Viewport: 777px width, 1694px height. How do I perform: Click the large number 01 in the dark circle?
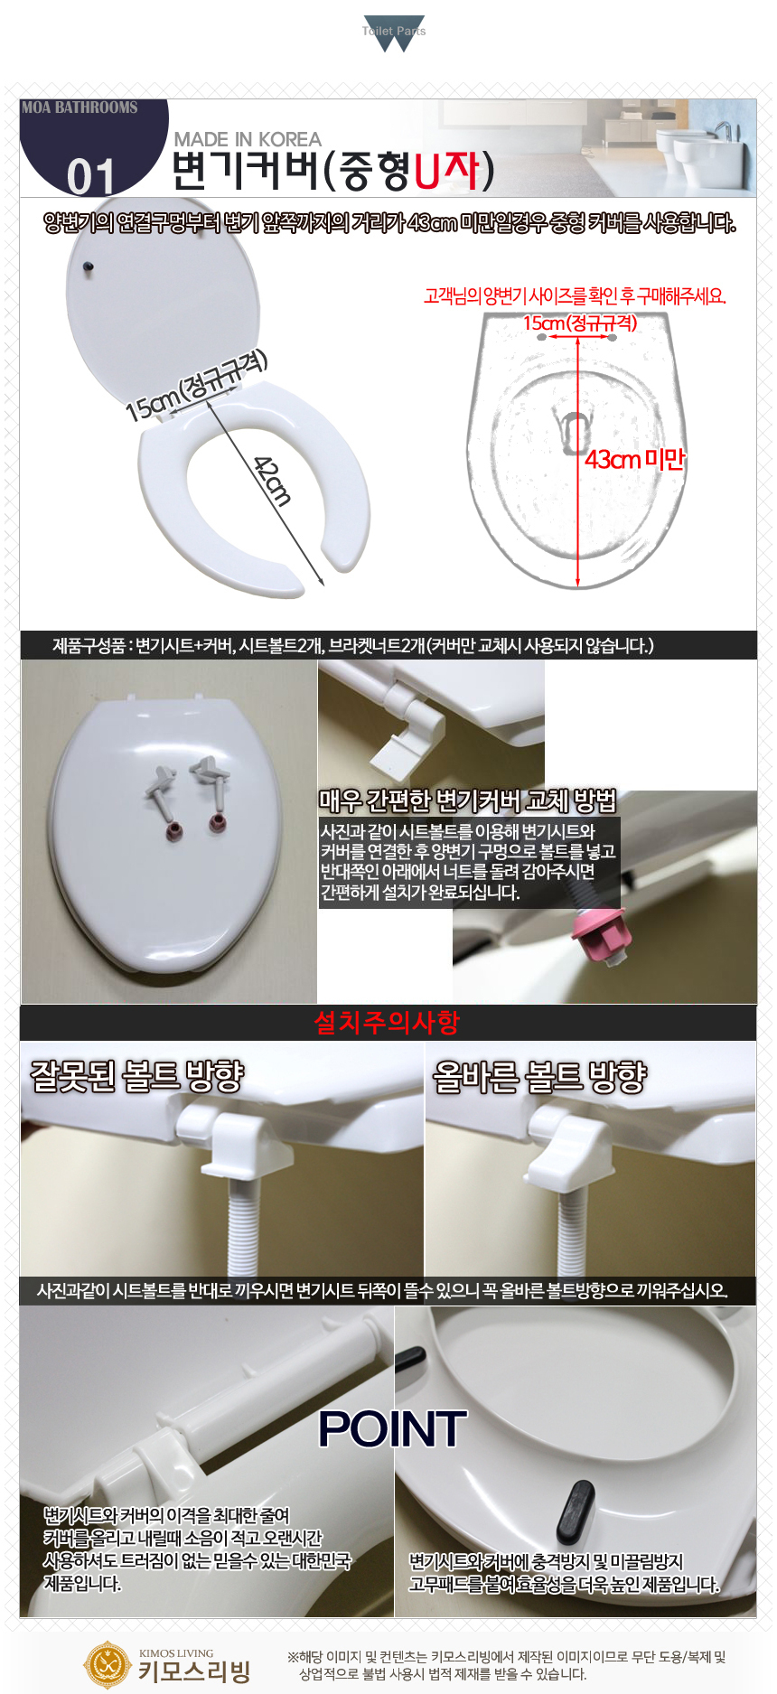90,176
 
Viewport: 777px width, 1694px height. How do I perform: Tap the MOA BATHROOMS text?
80,108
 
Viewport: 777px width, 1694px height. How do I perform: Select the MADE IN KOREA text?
248,139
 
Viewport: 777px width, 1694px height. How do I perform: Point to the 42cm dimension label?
273,481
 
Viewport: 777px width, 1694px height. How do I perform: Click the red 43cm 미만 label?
634,460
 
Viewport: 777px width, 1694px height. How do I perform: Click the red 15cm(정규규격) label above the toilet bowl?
580,323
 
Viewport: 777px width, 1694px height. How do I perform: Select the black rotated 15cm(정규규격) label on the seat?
197,385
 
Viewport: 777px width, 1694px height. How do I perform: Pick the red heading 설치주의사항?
387,1022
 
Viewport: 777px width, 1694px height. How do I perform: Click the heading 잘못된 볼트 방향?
137,1075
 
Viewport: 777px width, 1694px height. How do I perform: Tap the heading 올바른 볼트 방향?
540,1075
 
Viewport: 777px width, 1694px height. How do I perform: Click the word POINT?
392,1429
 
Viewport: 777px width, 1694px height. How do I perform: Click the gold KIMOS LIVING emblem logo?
108,1663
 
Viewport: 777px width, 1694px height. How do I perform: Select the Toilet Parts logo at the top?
394,33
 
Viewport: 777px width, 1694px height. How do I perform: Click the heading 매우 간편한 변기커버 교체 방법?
468,800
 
